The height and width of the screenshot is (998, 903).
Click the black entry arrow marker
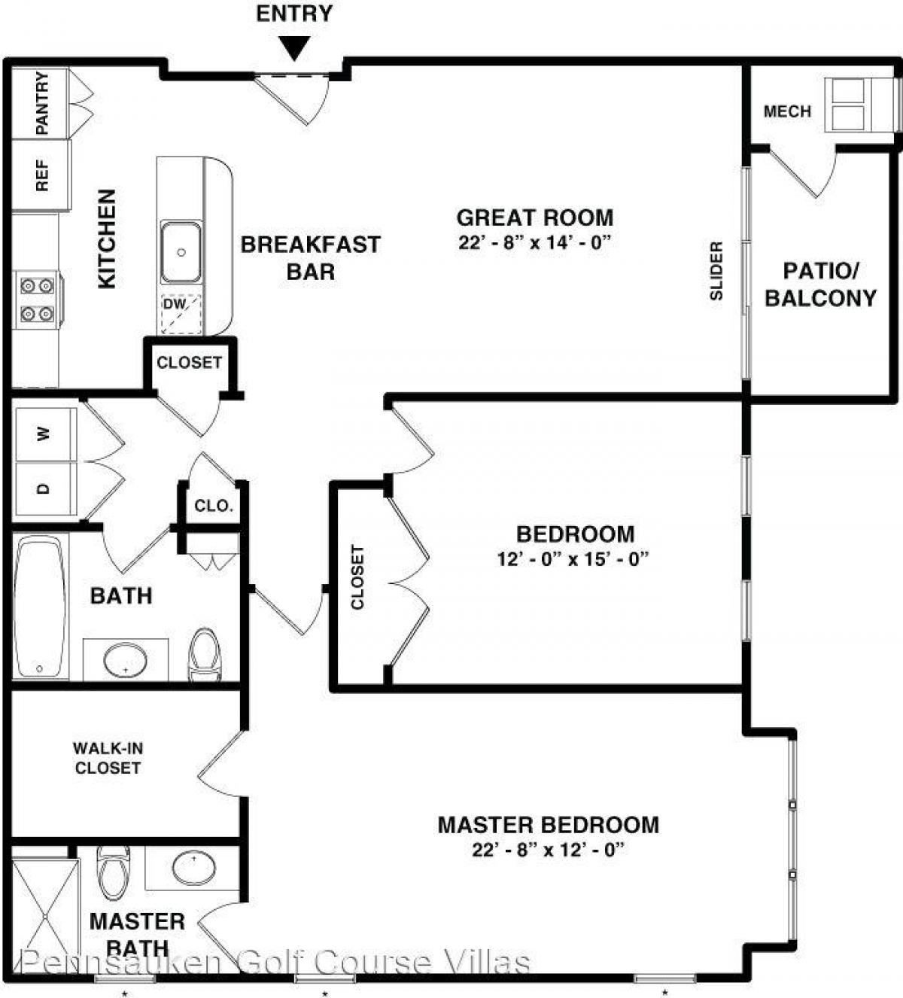point(294,48)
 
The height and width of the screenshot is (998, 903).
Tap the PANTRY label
point(42,103)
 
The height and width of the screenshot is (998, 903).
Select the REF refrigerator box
point(41,175)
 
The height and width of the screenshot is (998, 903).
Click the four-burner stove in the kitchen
point(38,299)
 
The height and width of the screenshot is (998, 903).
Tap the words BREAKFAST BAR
point(310,257)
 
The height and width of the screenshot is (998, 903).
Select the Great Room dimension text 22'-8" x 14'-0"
point(534,243)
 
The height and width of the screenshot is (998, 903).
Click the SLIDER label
point(716,271)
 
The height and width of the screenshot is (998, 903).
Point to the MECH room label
point(787,111)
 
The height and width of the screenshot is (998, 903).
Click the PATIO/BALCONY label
point(820,284)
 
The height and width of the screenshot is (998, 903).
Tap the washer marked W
point(45,434)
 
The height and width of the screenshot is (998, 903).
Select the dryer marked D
point(45,489)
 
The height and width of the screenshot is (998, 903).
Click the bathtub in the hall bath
point(41,606)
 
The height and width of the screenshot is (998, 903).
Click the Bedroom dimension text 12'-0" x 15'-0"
point(573,559)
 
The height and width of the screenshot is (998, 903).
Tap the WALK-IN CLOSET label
point(108,758)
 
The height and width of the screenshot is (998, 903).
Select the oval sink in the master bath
point(193,869)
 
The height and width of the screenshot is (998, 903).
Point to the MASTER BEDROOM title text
point(548,824)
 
